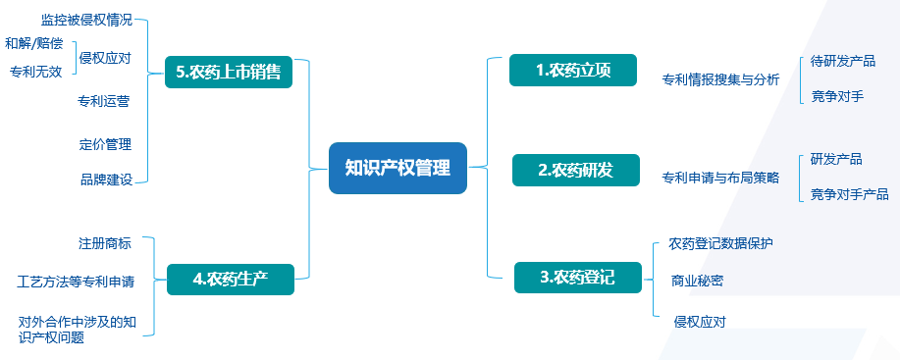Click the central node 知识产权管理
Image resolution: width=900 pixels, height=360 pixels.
[x=397, y=168]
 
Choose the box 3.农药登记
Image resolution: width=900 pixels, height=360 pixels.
[x=577, y=277]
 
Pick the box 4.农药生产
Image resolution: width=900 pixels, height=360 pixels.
[x=231, y=279]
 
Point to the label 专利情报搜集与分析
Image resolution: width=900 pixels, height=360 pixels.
[x=720, y=79]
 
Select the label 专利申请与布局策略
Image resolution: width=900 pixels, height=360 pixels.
[x=720, y=178]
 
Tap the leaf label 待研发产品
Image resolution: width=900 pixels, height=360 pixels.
[x=843, y=61]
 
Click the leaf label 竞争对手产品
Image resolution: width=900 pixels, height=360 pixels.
[x=849, y=194]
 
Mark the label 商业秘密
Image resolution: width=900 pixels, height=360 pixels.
[x=698, y=281]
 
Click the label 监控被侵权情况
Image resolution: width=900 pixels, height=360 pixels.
[x=86, y=19]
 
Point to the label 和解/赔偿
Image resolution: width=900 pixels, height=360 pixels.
[x=32, y=43]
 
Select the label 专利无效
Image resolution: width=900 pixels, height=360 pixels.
[x=35, y=71]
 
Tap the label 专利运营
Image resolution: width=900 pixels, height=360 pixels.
[x=104, y=100]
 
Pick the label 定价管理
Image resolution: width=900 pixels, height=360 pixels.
[x=105, y=144]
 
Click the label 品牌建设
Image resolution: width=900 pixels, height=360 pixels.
[x=105, y=180]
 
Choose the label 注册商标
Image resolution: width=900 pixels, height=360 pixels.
[x=104, y=242]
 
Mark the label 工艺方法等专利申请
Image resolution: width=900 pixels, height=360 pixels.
[x=76, y=282]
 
